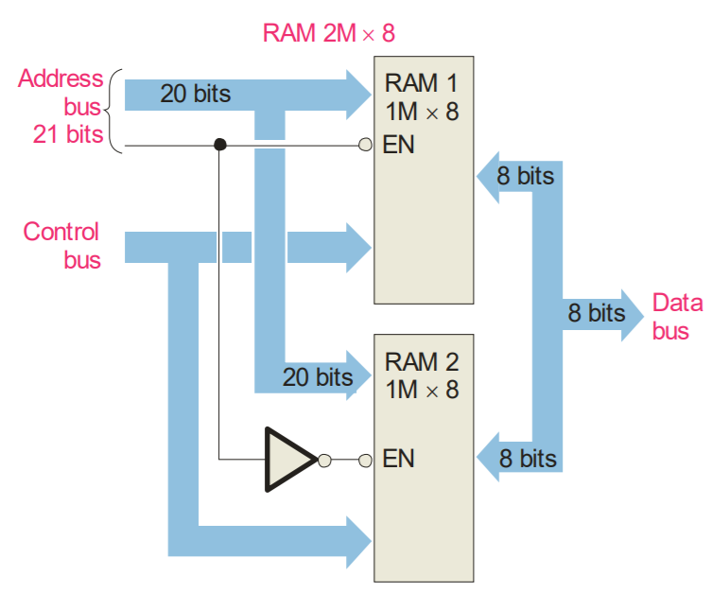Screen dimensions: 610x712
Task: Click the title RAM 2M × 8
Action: coord(328,35)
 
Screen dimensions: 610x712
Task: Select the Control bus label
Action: coord(61,245)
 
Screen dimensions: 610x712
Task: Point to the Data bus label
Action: coord(678,316)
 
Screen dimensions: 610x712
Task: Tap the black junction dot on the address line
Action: coord(219,145)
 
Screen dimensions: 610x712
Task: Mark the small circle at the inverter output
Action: coord(324,461)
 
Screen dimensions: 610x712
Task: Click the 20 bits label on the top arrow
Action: coord(195,94)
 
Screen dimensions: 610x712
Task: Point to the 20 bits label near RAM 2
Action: coord(317,377)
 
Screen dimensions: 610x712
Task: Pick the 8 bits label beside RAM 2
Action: coord(527,460)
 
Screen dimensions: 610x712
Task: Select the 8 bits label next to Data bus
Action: coord(596,312)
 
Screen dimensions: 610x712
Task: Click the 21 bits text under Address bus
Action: coord(68,134)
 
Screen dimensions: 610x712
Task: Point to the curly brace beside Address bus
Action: coord(114,110)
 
